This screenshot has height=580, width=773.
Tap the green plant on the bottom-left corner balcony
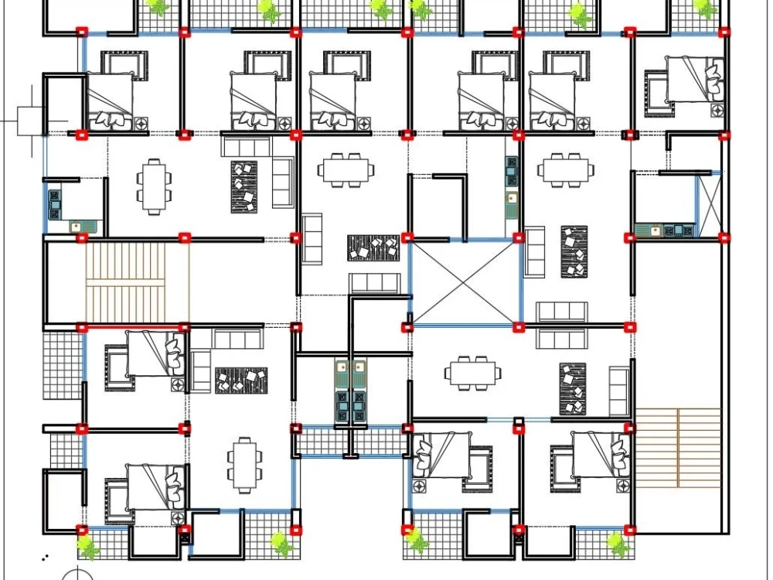tap(89, 548)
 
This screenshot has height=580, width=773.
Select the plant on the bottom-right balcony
tap(615, 544)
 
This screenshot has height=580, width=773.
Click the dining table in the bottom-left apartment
tap(244, 464)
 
